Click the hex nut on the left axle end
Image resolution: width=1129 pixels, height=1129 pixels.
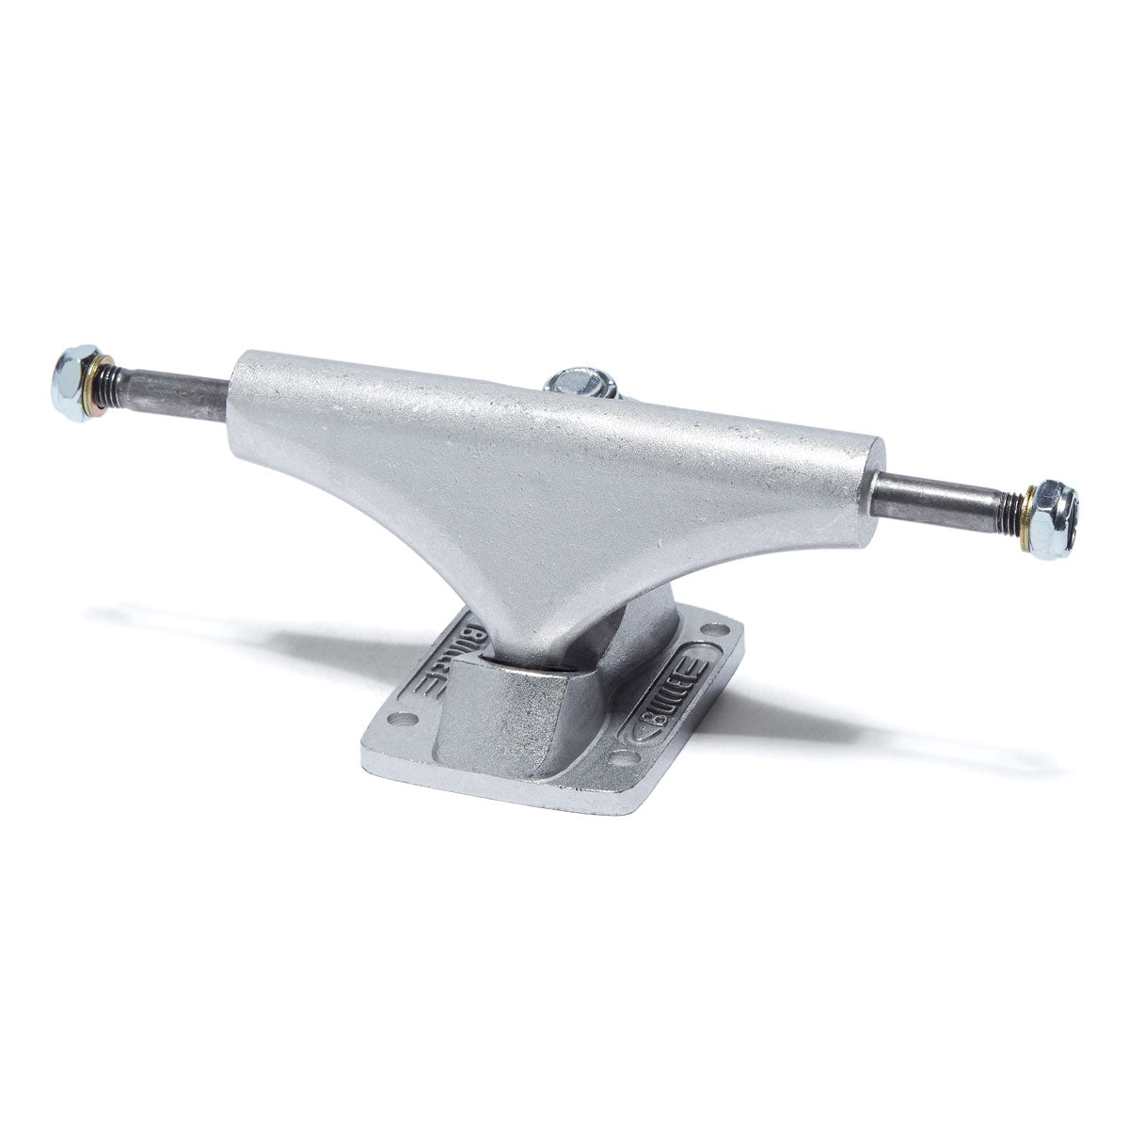pyautogui.click(x=78, y=383)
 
